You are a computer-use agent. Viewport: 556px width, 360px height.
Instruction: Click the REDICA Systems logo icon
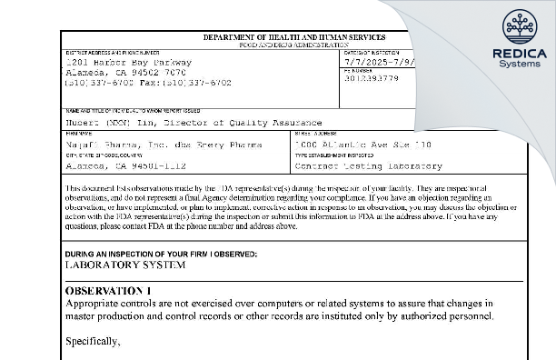pyautogui.click(x=520, y=26)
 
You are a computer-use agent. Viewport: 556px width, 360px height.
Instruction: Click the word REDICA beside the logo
pyautogui.click(x=519, y=54)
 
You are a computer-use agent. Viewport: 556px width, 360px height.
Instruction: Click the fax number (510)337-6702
pyautogui.click(x=194, y=83)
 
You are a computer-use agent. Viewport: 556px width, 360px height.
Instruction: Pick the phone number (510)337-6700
pyautogui.click(x=100, y=83)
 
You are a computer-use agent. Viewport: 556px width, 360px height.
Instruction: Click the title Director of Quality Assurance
pyautogui.click(x=245, y=122)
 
